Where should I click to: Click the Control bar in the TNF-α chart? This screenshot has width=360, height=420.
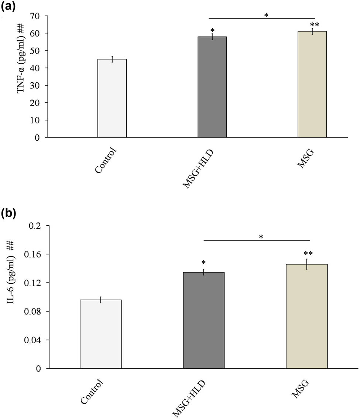click(112, 98)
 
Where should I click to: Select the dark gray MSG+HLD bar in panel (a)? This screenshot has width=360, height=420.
click(212, 87)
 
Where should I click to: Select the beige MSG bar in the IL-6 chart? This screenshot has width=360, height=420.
click(306, 316)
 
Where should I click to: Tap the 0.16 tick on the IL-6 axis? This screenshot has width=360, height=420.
click(35, 254)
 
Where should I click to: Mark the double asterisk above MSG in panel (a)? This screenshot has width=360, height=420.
click(315, 25)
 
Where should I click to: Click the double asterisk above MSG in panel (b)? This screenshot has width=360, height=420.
click(308, 254)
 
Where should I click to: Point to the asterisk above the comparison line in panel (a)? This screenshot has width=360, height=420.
click(266, 15)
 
